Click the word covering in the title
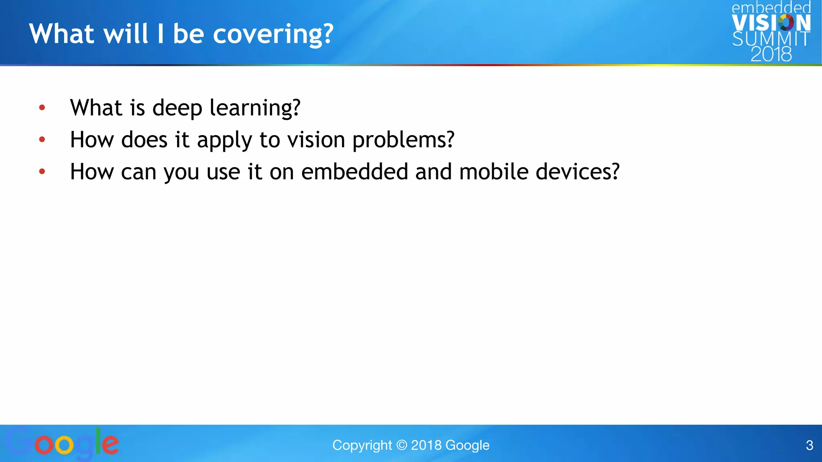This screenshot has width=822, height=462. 273,34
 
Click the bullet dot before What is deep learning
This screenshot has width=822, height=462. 42,107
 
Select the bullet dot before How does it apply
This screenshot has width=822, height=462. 42,140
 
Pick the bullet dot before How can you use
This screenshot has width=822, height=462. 42,172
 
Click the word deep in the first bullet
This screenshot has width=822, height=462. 177,108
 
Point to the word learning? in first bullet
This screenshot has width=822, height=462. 255,108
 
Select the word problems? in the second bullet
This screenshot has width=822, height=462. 403,140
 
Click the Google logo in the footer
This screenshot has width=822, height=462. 62,444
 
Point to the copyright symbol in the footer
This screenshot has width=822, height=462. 401,445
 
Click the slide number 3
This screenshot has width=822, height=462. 809,445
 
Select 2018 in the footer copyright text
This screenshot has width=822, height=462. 426,445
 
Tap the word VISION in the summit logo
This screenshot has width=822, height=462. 771,23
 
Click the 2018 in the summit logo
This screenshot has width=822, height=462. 771,54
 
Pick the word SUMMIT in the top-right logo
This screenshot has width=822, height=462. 771,39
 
